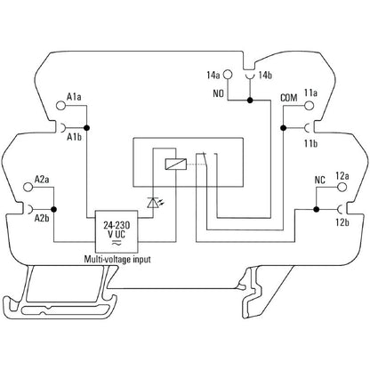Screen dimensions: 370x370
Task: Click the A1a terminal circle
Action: (x=60, y=106)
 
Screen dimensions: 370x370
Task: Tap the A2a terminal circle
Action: (x=28, y=187)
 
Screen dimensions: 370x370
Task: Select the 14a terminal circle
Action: (x=228, y=75)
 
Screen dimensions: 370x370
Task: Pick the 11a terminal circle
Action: (x=309, y=106)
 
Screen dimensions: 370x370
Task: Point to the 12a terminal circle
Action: (x=342, y=187)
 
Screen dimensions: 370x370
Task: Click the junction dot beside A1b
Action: (x=86, y=128)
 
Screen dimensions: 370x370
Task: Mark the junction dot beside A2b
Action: (x=54, y=209)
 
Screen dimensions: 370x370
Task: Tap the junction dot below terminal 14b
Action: (x=250, y=101)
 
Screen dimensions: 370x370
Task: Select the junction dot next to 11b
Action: (x=283, y=128)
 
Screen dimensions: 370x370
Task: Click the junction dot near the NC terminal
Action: (x=317, y=209)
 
